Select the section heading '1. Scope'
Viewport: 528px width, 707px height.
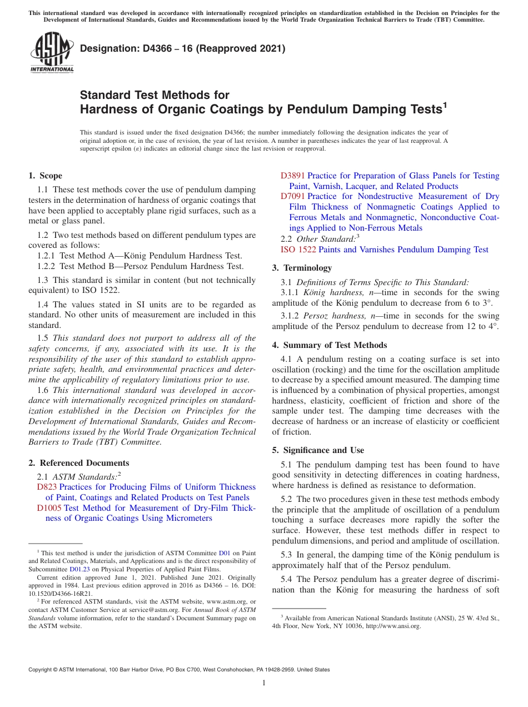click(x=45, y=176)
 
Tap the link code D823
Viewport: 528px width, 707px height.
click(x=46, y=487)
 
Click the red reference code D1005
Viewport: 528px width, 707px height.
click(x=49, y=507)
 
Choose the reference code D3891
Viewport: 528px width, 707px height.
click(x=292, y=176)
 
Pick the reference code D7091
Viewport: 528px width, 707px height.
click(x=292, y=196)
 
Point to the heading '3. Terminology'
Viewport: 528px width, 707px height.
click(x=302, y=268)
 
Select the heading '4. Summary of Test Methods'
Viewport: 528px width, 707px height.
click(x=329, y=345)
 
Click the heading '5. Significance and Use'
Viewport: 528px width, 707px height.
click(x=318, y=450)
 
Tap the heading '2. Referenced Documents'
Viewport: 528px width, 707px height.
click(x=78, y=463)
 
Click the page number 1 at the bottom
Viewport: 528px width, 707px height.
click(x=264, y=683)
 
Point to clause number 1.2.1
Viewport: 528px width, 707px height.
click(x=47, y=256)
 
